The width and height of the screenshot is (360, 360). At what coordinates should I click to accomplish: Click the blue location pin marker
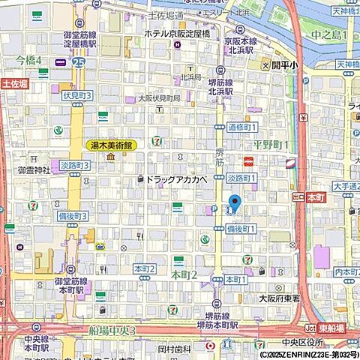pyautogui.click(x=234, y=202)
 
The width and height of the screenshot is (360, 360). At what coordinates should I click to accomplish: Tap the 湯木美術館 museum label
pyautogui.click(x=111, y=145)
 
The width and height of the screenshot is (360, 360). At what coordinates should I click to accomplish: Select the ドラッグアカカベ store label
pyautogui.click(x=175, y=180)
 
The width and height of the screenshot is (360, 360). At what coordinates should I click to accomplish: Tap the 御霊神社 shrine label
pyautogui.click(x=34, y=170)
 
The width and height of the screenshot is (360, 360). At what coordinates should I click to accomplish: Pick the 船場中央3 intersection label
pyautogui.click(x=111, y=331)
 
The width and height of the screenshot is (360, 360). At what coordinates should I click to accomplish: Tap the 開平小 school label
pyautogui.click(x=284, y=65)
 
